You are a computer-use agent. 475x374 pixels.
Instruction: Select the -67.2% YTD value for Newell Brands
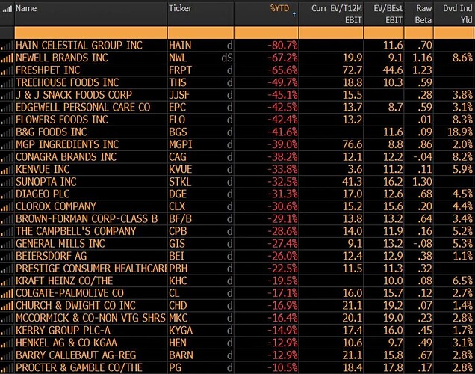283,58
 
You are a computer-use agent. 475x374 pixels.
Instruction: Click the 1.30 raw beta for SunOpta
422,181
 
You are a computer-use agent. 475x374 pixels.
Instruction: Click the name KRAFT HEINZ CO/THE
64,280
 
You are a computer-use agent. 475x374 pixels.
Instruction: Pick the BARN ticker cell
181,355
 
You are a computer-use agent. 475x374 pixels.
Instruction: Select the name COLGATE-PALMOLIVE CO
69,292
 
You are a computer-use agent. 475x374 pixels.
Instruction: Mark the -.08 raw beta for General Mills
423,243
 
